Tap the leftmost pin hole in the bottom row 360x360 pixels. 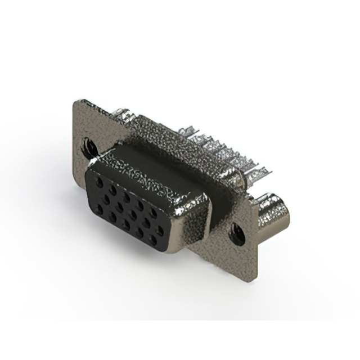99,208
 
